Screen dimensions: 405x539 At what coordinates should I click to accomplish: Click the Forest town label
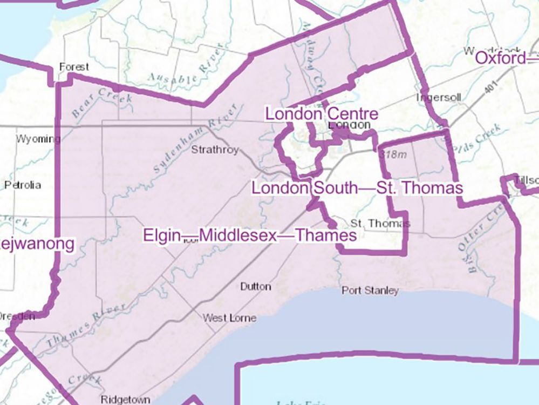74,67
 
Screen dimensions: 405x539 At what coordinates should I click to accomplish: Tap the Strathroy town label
215,150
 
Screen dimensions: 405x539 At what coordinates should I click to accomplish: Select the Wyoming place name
38,139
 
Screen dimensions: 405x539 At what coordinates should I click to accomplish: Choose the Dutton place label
255,286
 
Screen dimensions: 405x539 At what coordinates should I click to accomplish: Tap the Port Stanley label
370,291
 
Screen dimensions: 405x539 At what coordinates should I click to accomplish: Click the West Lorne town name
222,318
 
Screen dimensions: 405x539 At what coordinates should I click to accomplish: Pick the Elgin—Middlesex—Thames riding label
249,235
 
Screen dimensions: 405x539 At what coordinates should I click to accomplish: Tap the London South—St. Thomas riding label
357,188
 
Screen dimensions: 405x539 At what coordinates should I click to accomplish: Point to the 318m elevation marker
392,154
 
